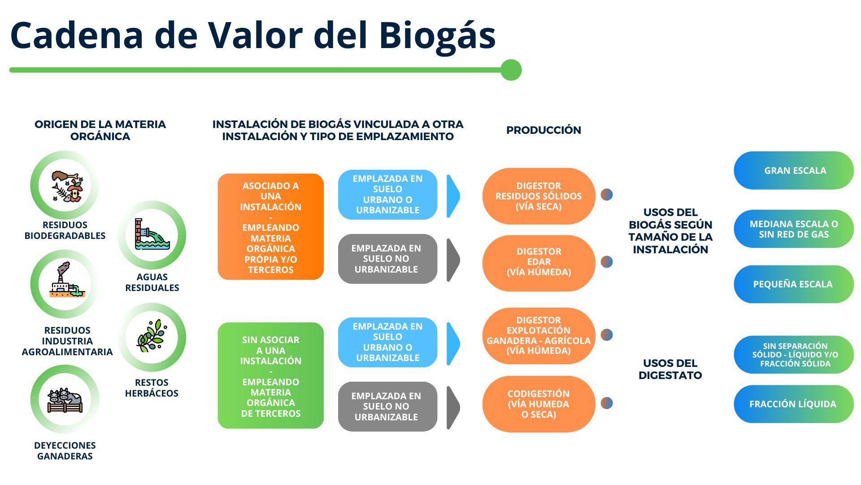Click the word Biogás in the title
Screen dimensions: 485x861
click(x=437, y=36)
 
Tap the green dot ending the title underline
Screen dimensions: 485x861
click(x=511, y=70)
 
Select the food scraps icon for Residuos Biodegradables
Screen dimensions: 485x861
click(x=65, y=185)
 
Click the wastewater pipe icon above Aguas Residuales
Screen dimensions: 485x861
click(x=152, y=235)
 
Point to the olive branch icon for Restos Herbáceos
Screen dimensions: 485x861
click(x=152, y=337)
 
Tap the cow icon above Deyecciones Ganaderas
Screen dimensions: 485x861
click(x=65, y=399)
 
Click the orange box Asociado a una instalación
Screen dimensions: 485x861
click(x=270, y=227)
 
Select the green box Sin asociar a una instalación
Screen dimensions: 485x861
click(x=270, y=375)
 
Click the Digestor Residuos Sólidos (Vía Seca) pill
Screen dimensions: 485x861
click(x=539, y=196)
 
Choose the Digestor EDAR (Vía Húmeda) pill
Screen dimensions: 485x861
click(x=539, y=262)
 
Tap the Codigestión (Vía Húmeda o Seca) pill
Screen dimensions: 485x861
click(x=539, y=404)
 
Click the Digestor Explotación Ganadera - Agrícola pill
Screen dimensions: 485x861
click(x=539, y=335)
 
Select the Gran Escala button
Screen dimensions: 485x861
click(x=794, y=171)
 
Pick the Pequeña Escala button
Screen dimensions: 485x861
click(x=794, y=284)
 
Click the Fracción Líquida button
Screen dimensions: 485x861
click(x=794, y=404)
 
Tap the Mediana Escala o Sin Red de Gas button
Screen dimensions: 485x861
click(x=794, y=229)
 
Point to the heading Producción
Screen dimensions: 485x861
click(x=544, y=130)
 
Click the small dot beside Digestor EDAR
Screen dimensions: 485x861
click(x=607, y=262)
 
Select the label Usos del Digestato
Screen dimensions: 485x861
click(x=670, y=369)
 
